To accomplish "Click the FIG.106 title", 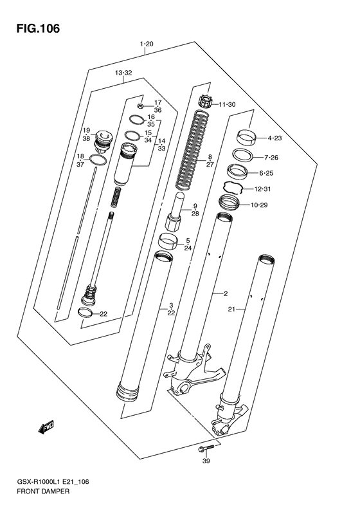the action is [39, 28].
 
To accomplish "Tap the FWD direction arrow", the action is [46, 427].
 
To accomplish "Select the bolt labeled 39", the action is [206, 448].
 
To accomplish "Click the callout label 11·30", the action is [227, 104].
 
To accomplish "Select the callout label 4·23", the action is [274, 138].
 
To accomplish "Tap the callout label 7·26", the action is [271, 158].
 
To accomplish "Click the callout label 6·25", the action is [266, 173].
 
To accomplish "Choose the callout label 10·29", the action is [259, 205].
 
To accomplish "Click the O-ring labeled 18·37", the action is [98, 160].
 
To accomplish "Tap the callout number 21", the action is [231, 310].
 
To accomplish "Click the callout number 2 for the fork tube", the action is [226, 294].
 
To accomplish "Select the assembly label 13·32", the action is [123, 73].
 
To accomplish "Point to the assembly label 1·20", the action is [147, 44].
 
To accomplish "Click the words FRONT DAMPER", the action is [42, 492].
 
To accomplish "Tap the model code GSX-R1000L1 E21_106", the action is [52, 482].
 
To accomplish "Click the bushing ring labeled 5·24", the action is [168, 241].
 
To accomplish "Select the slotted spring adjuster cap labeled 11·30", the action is [206, 102].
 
